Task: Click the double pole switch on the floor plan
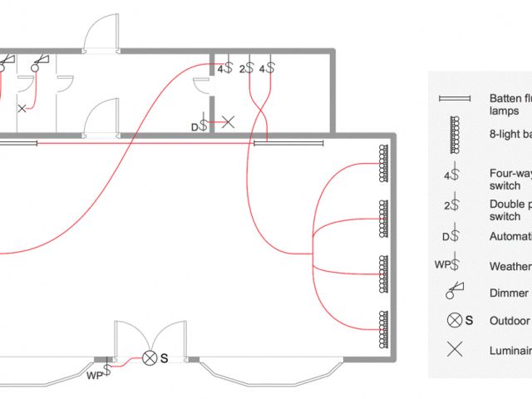coord(246,68)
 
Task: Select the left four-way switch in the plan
coord(224,68)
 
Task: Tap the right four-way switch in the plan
coord(267,68)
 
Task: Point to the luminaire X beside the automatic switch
coord(228,121)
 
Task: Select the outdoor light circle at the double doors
coord(150,358)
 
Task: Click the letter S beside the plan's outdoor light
coord(165,358)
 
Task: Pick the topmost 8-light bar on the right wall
coord(384,163)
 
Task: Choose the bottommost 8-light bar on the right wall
coord(384,329)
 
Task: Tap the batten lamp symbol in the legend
coord(455,99)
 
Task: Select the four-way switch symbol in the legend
coord(451,175)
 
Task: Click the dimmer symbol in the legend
coord(455,291)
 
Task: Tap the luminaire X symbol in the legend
coord(455,349)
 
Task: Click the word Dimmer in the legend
coord(509,293)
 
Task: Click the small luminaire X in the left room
coord(22,109)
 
